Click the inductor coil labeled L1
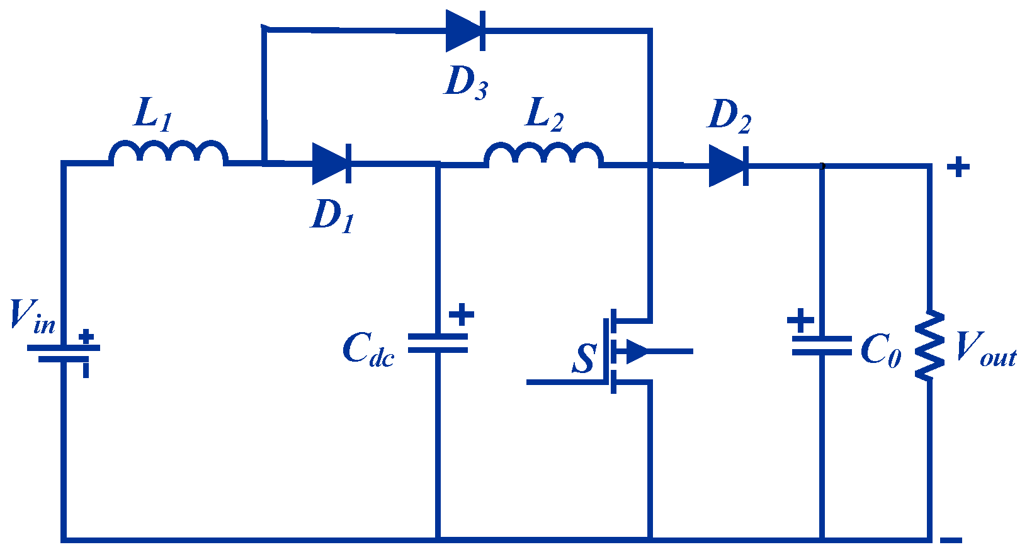tap(168, 153)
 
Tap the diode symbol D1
tap(331, 163)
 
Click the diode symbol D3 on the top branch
tap(465, 31)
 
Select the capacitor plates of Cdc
tap(438, 343)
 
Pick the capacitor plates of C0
tap(821, 345)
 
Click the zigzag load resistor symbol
tap(929, 345)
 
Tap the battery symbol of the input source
tap(63, 353)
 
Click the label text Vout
tap(985, 348)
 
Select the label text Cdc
tap(368, 350)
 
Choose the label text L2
tap(544, 116)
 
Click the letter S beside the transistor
tap(584, 359)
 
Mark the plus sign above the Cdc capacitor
tap(462, 314)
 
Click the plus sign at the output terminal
tap(958, 168)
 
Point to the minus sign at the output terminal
tap(951, 540)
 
